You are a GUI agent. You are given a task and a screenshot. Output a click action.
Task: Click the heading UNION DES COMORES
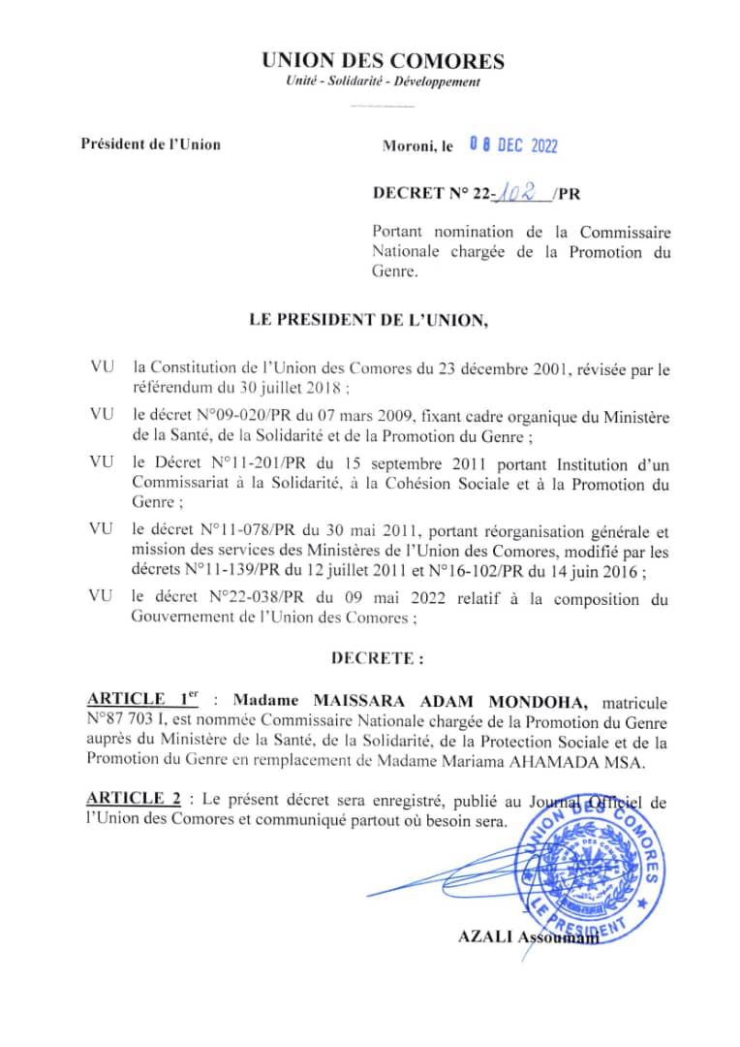click(x=383, y=62)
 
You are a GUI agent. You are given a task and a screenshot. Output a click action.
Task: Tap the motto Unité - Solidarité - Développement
click(x=383, y=82)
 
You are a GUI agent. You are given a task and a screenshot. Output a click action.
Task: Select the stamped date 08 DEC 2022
click(x=513, y=146)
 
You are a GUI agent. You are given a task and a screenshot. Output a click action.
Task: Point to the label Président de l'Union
click(x=150, y=145)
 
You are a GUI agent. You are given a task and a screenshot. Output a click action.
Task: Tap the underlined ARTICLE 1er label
click(x=141, y=700)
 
